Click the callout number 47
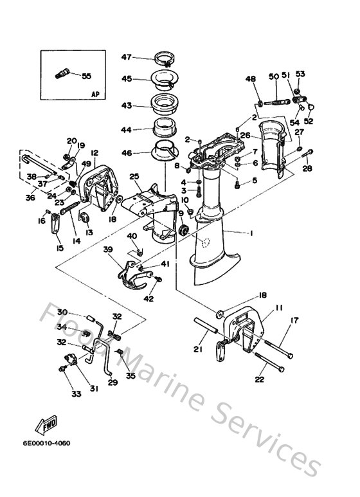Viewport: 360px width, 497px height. (x=126, y=57)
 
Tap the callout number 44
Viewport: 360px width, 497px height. (x=126, y=129)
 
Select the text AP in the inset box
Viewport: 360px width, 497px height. (x=95, y=94)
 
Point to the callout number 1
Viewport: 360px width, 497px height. (x=253, y=233)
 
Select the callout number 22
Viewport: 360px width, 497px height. (x=259, y=379)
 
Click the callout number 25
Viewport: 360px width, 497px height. (x=134, y=176)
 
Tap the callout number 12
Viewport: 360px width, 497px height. (x=94, y=153)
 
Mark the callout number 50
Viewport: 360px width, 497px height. (x=273, y=77)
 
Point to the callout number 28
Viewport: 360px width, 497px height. (x=307, y=168)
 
